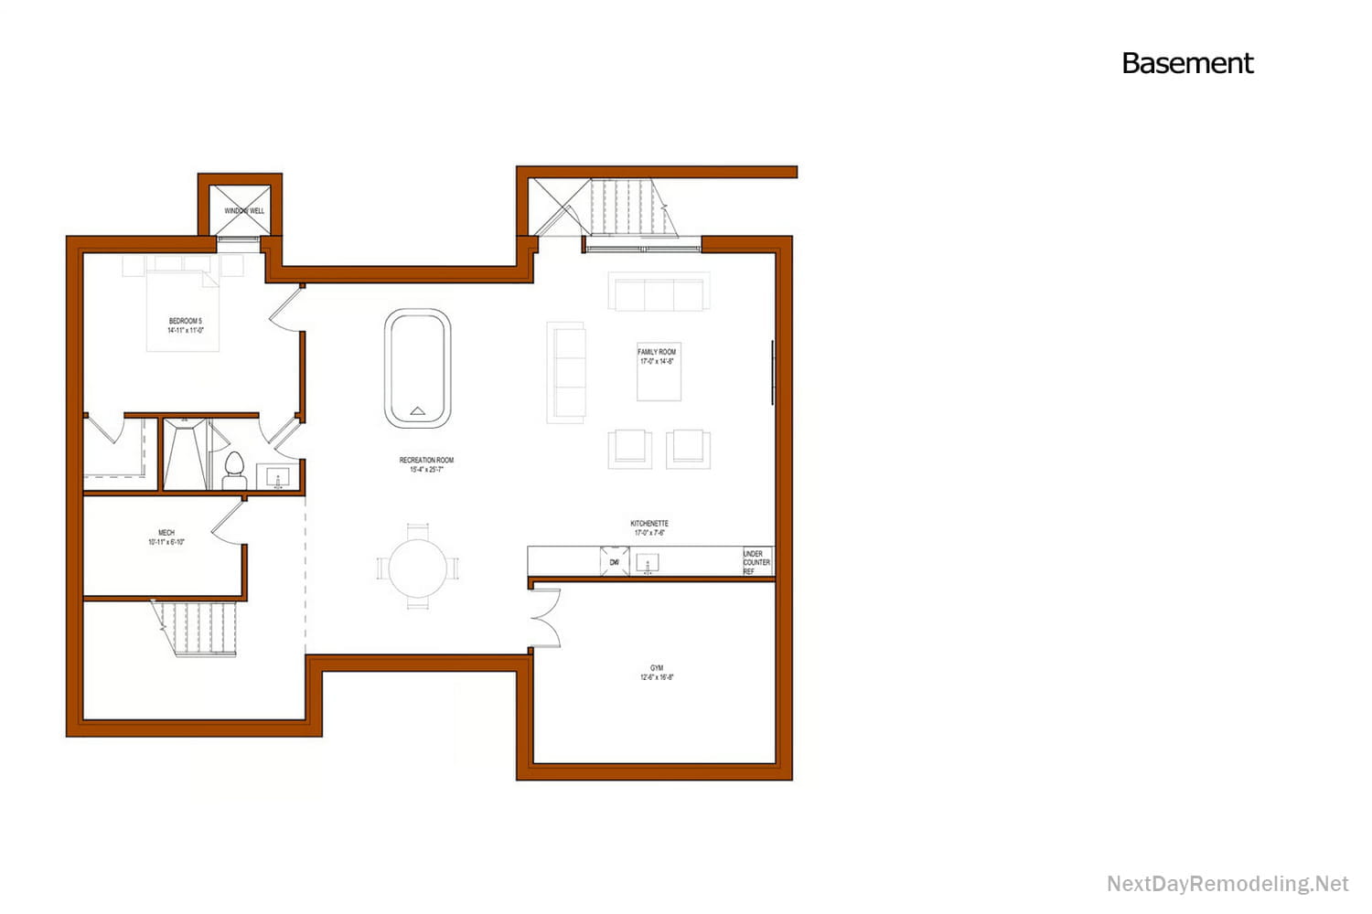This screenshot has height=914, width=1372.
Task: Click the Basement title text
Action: (x=1186, y=63)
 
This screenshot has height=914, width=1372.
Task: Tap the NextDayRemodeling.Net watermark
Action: (x=1227, y=884)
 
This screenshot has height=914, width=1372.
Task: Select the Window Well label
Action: (x=244, y=210)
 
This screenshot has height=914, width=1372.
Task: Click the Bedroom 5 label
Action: (x=185, y=325)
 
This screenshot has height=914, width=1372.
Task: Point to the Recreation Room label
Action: (x=426, y=464)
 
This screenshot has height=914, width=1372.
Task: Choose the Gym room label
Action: (x=657, y=673)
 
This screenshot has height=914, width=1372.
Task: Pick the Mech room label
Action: (x=166, y=537)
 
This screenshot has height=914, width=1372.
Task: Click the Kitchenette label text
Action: (x=649, y=527)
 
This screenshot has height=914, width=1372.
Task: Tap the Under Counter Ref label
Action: (x=756, y=562)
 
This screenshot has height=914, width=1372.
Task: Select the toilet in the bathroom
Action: (x=235, y=470)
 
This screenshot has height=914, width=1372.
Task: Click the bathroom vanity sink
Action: (x=278, y=477)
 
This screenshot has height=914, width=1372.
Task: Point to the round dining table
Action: (x=418, y=568)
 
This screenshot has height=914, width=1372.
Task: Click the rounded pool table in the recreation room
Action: (x=417, y=368)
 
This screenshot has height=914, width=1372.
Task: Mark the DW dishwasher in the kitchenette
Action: (x=615, y=561)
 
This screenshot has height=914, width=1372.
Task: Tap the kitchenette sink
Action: (x=648, y=563)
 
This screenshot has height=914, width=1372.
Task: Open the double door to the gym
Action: (x=544, y=617)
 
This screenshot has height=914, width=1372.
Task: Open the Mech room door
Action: (x=229, y=523)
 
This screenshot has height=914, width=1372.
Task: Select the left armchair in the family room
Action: (x=630, y=448)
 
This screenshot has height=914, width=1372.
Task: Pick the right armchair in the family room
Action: (x=688, y=448)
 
